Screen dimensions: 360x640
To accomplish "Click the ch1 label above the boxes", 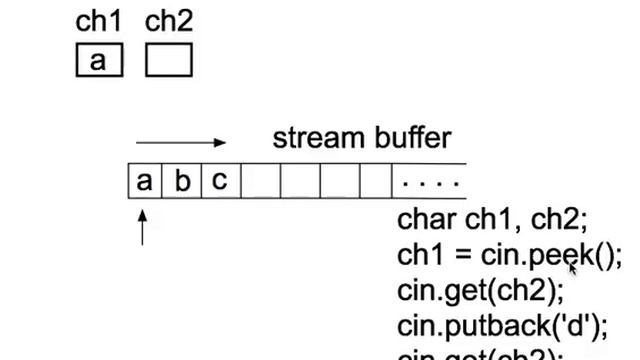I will pos(98,22).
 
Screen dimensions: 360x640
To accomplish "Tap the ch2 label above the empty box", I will pos(168,22).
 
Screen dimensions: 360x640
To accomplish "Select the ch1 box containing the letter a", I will pos(98,61).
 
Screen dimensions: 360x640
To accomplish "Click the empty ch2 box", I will pos(168,61).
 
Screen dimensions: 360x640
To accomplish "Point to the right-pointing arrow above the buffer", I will pos(181,143).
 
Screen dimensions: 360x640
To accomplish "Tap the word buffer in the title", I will pos(411,138).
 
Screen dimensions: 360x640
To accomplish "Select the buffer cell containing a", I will pos(145,181).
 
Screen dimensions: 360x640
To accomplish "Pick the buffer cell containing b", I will pos(182,181).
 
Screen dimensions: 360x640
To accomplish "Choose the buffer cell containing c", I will pos(220,181).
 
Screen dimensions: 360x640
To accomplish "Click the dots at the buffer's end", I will pos(430,183).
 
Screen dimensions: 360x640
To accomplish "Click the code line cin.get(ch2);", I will pos(480,290).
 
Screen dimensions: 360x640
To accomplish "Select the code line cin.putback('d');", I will pos(503,325).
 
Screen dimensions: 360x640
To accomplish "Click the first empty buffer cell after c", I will pos(259,181).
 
